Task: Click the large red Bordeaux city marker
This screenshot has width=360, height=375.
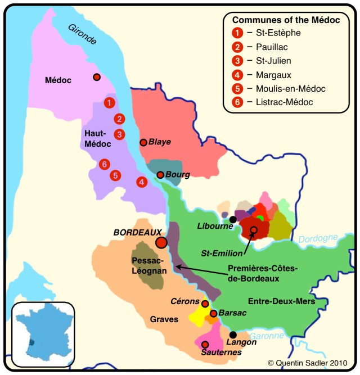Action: [x=161, y=242]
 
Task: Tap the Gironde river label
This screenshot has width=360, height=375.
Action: [x=82, y=34]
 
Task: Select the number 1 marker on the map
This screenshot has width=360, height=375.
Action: [x=110, y=102]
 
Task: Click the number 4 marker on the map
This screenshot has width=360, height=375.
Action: [x=142, y=182]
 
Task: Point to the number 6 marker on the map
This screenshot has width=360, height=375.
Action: [x=103, y=164]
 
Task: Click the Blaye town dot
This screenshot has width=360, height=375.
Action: [x=143, y=143]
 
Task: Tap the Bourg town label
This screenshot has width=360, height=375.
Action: [x=177, y=175]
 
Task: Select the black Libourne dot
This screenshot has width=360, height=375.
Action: [x=233, y=219]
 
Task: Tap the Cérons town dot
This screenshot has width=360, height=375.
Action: [x=205, y=304]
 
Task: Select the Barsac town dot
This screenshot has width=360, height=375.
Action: [x=213, y=313]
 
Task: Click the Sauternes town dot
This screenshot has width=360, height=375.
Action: [x=205, y=344]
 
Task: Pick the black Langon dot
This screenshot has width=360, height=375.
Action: [x=233, y=335]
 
